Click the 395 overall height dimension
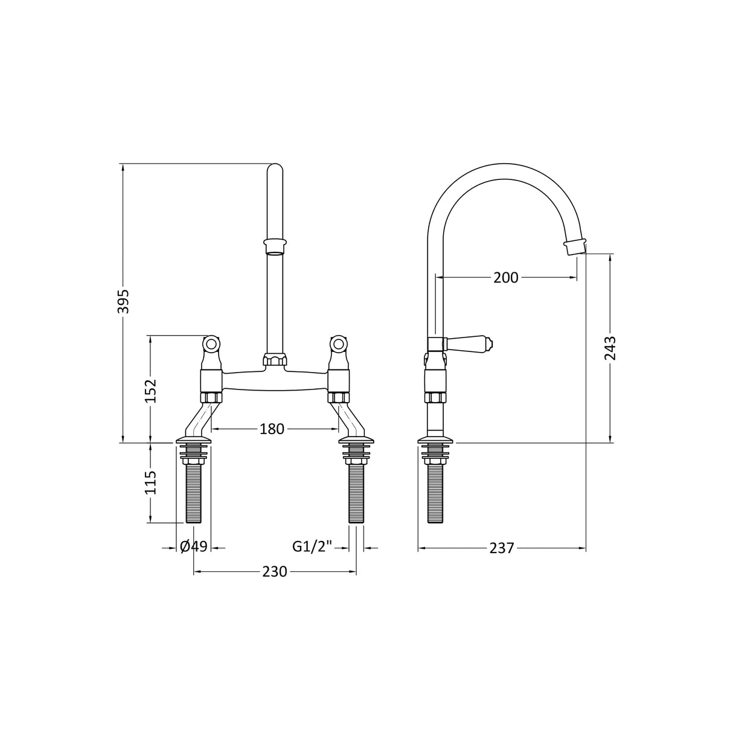(x=123, y=300)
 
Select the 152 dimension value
(x=150, y=391)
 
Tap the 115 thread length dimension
(x=150, y=482)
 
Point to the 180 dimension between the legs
(x=272, y=429)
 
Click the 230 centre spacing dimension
(x=275, y=572)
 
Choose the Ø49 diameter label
(x=194, y=546)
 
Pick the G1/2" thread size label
(x=313, y=546)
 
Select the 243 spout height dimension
(x=610, y=348)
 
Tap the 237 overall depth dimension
(x=502, y=548)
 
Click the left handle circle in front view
(x=211, y=345)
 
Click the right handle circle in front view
(x=338, y=345)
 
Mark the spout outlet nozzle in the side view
(x=574, y=246)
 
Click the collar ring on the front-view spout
(x=275, y=247)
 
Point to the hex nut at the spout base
(x=275, y=361)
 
